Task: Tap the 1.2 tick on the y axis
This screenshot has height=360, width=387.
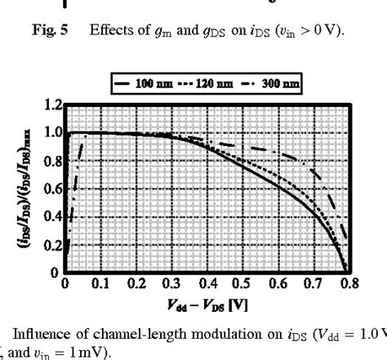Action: coord(54,105)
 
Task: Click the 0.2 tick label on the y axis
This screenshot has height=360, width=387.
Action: coord(54,245)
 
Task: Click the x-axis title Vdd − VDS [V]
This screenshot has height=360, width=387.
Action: coord(207,304)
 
